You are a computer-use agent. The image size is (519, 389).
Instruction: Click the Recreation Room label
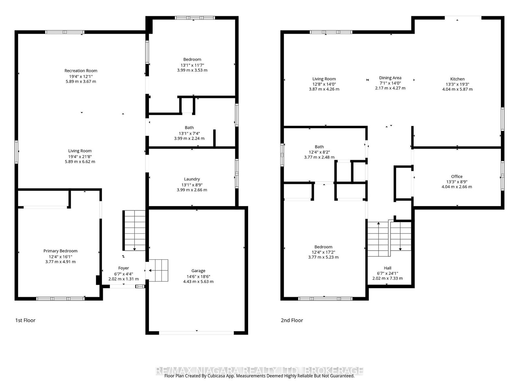pos(81,71)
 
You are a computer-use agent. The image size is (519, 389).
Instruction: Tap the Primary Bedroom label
pos(60,251)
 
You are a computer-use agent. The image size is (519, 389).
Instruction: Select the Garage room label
pos(198,271)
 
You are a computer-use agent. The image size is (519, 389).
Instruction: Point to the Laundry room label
pos(192,179)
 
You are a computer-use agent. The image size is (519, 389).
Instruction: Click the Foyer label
pos(124,268)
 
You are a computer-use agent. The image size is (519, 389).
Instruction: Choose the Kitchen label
pos(457,79)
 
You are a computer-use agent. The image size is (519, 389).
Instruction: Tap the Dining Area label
pos(390,78)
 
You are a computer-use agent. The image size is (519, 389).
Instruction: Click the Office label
pos(457,176)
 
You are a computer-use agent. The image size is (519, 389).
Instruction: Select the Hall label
pos(388,268)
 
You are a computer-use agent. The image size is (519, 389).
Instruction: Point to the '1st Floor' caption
pos(25,320)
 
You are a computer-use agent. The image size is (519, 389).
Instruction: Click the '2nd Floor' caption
pos(292,320)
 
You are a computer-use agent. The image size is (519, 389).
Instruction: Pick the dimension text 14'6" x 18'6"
pos(198,276)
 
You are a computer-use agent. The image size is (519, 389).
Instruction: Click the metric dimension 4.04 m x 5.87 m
pos(457,89)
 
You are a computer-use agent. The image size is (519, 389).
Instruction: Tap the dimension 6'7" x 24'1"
pos(388,273)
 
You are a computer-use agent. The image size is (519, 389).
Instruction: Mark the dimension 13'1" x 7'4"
pos(189,133)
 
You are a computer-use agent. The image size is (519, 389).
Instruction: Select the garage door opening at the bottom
pos(197,333)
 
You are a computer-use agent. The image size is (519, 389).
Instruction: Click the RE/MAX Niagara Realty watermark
pos(259,371)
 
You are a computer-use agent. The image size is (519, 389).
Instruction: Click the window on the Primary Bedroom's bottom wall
pos(61,299)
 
